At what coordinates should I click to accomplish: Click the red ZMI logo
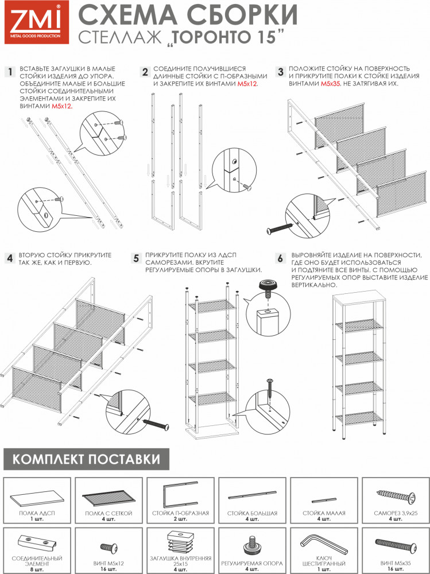pos(34,23)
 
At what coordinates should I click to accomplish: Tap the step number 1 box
pos(9,72)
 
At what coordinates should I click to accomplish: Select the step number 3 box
pos(281,72)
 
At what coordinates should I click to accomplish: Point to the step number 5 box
pos(136,259)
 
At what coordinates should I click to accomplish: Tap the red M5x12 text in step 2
pos(247,84)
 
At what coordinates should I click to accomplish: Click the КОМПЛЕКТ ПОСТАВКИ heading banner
pos(86,460)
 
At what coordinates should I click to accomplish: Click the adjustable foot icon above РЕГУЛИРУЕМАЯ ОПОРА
pos(252,542)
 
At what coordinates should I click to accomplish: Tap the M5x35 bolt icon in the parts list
pos(394,542)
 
